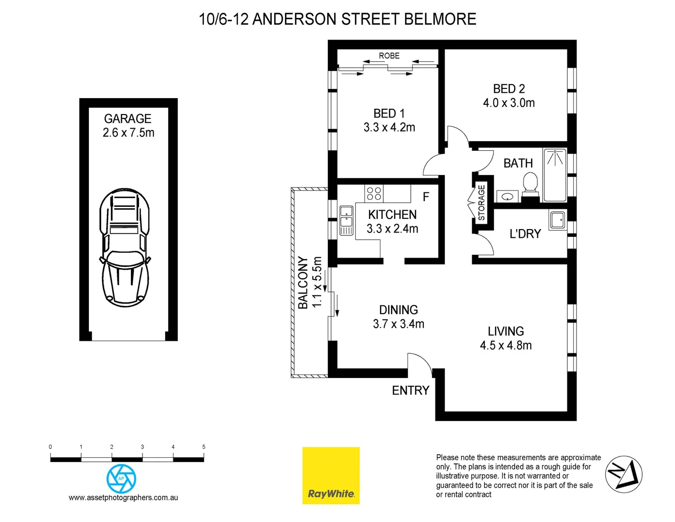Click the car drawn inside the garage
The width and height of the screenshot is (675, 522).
[x=125, y=247]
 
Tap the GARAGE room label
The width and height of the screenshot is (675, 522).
[x=127, y=119]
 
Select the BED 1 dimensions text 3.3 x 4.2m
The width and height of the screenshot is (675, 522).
[x=389, y=128]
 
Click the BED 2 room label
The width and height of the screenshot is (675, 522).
[x=508, y=89]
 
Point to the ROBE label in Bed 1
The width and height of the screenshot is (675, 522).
[x=389, y=56]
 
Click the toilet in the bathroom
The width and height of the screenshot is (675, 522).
[x=530, y=186]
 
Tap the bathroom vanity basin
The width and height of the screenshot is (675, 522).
[x=507, y=197]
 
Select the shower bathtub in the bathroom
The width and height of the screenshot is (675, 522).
[x=555, y=174]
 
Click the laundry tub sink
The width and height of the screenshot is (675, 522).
[x=557, y=220]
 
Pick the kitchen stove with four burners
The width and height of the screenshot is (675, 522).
[x=374, y=193]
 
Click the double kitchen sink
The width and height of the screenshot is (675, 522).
[x=346, y=220]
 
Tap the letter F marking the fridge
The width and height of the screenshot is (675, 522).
[x=426, y=197]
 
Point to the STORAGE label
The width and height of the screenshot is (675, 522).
[x=481, y=203]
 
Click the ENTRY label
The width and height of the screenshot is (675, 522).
[x=410, y=391]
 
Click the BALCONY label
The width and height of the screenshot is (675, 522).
[x=303, y=283]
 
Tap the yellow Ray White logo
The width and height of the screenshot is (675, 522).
[x=331, y=476]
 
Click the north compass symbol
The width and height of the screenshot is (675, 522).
[x=623, y=474]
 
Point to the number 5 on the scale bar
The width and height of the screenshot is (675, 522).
[x=204, y=447]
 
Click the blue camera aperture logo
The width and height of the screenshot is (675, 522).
[x=121, y=478]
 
